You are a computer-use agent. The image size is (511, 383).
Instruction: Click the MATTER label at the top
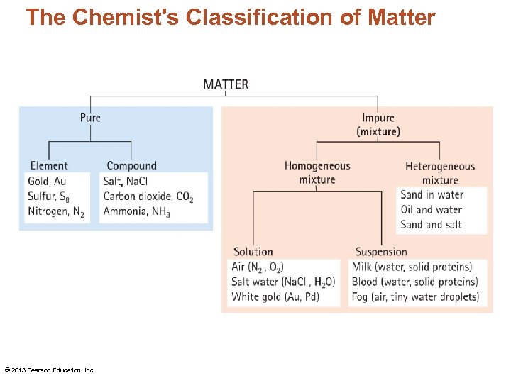click(x=226, y=84)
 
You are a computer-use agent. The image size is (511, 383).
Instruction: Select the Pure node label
click(x=90, y=118)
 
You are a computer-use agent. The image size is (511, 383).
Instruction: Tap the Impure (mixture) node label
click(x=378, y=125)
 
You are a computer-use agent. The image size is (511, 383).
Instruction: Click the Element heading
click(x=49, y=166)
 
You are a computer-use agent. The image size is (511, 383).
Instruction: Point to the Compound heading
click(x=131, y=166)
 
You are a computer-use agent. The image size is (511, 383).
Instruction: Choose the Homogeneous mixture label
click(x=317, y=172)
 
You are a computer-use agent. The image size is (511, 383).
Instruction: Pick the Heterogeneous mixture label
click(x=440, y=173)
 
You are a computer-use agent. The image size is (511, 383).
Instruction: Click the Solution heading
click(x=253, y=252)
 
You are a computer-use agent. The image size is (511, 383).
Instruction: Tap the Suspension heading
click(x=381, y=252)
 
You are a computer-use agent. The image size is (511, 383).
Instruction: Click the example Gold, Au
click(x=47, y=182)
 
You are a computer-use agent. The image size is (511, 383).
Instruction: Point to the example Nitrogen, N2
click(x=56, y=211)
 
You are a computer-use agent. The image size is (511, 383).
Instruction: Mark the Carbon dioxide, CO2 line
click(x=148, y=196)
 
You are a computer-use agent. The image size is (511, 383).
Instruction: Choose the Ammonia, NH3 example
click(x=136, y=211)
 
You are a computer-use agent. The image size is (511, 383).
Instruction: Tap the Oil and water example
click(x=431, y=210)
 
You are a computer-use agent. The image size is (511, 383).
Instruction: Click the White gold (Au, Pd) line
click(x=275, y=296)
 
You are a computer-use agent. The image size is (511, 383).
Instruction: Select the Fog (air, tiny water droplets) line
click(x=415, y=296)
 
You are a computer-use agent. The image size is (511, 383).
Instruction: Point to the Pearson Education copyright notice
click(x=50, y=370)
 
